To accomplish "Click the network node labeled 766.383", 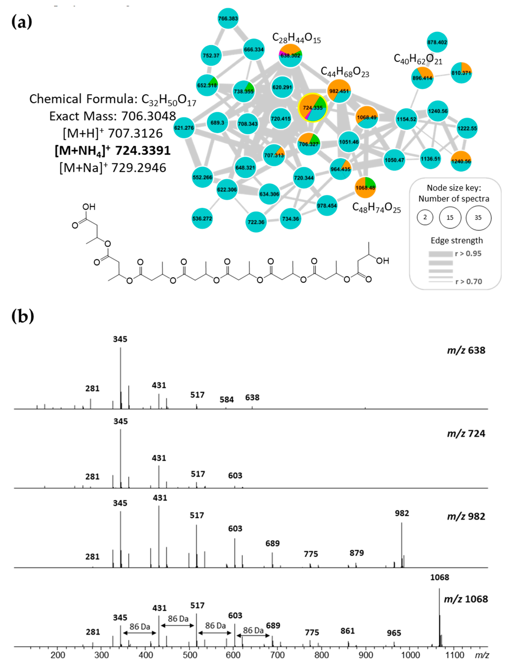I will pyautogui.click(x=228, y=18).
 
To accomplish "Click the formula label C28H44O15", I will pyautogui.click(x=296, y=38).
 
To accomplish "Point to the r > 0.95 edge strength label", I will pyautogui.click(x=468, y=254).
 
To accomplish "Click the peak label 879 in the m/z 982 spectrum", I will pyautogui.click(x=357, y=553).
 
